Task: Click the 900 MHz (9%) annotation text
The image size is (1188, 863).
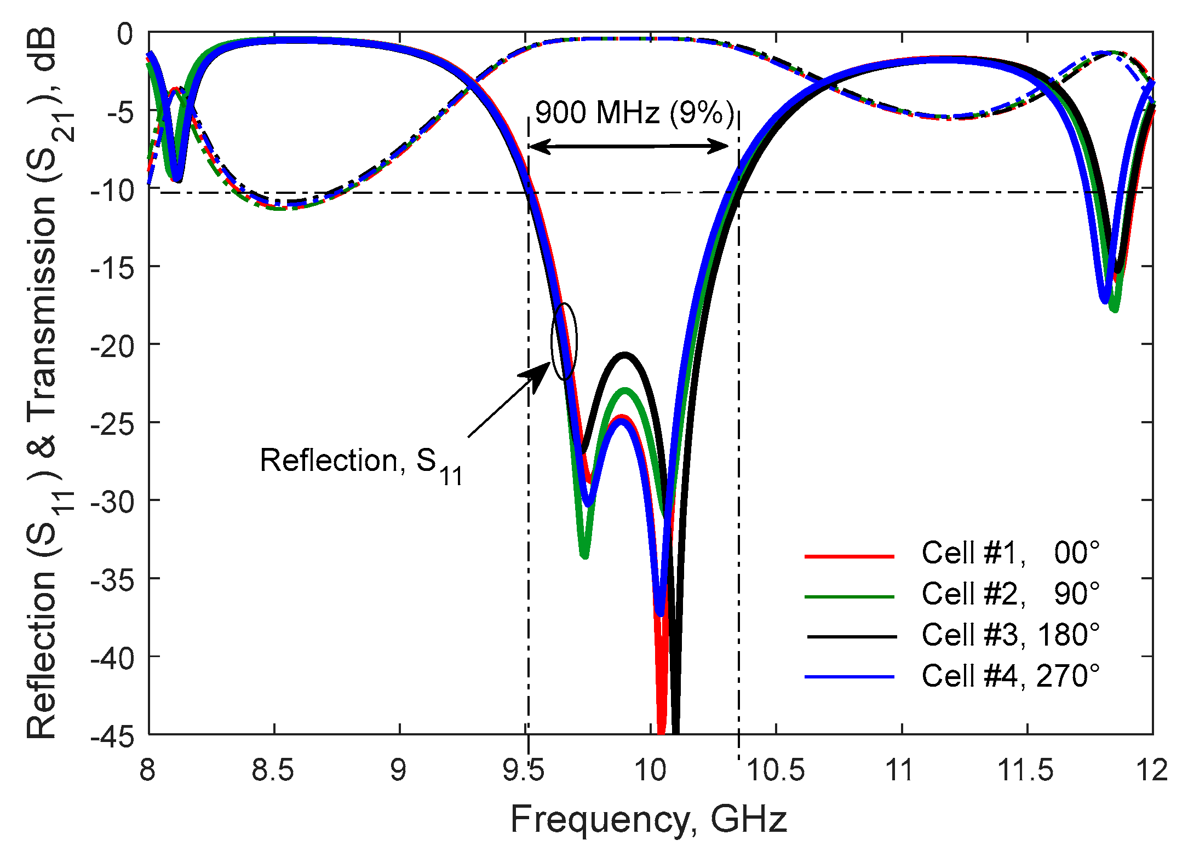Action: click(634, 113)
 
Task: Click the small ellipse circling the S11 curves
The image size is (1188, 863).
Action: click(564, 341)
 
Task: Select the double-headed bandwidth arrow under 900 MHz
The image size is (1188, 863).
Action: click(629, 146)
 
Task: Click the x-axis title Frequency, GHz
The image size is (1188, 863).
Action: click(648, 820)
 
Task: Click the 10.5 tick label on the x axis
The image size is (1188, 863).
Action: click(776, 771)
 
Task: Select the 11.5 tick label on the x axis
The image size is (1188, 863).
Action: click(1025, 771)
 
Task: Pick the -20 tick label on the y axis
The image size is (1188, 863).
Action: click(112, 347)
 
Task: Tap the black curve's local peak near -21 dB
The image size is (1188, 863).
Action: click(624, 355)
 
